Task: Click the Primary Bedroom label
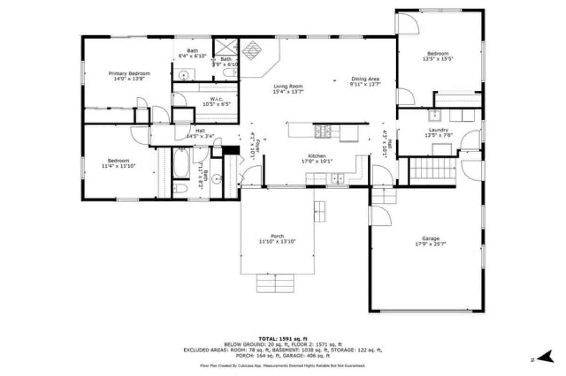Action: [x=129, y=74]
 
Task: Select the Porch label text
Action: [x=277, y=236]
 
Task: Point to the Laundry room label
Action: [x=438, y=130]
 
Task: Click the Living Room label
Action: [x=288, y=86]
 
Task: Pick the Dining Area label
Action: [x=365, y=79]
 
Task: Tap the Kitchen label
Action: [x=317, y=155]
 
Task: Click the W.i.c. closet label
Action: [x=210, y=99]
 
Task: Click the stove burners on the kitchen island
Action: [x=323, y=131]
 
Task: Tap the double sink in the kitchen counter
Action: [x=338, y=179]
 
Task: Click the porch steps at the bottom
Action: [x=275, y=282]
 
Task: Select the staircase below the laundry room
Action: [x=432, y=172]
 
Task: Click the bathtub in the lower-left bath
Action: [x=181, y=163]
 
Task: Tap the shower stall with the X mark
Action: [x=226, y=47]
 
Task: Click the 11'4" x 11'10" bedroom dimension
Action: [x=115, y=166]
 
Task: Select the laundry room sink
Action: [x=434, y=114]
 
